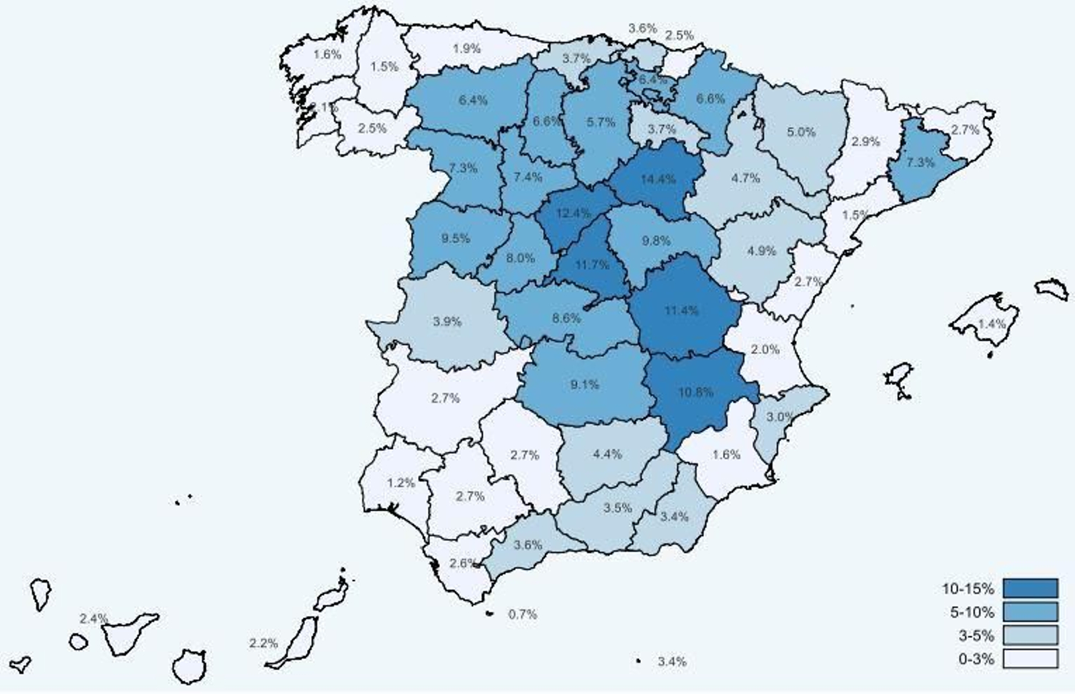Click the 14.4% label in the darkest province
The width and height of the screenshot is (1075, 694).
[x=658, y=179]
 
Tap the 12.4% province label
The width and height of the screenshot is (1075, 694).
[x=574, y=214]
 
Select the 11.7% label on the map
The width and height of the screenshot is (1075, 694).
[x=591, y=265]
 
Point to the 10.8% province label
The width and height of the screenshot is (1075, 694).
[x=695, y=392]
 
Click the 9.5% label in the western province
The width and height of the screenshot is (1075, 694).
[x=456, y=238]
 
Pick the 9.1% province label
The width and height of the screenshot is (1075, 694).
[x=585, y=384]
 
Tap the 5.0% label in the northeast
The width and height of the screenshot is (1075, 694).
[x=801, y=132]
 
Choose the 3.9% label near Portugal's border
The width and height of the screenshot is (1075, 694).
[x=447, y=321]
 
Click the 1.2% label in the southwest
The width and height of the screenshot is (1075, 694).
[x=401, y=482]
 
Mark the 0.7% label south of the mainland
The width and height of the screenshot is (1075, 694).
[x=522, y=614]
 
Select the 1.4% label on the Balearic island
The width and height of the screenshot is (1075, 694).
[x=992, y=324]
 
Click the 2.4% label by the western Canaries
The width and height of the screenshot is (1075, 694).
[x=93, y=618]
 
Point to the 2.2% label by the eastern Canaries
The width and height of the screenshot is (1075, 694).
[x=263, y=643]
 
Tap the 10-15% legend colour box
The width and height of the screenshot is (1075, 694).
[x=1030, y=589]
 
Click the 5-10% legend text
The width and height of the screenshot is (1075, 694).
[x=972, y=612]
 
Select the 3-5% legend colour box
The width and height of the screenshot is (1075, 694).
[x=1030, y=635]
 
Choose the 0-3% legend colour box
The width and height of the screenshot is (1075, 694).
[x=1030, y=658]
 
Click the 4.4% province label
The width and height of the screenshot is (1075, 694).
[x=607, y=454]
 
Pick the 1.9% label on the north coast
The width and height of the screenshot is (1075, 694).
[x=466, y=48]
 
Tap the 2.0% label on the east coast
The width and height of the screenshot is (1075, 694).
[x=765, y=349]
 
